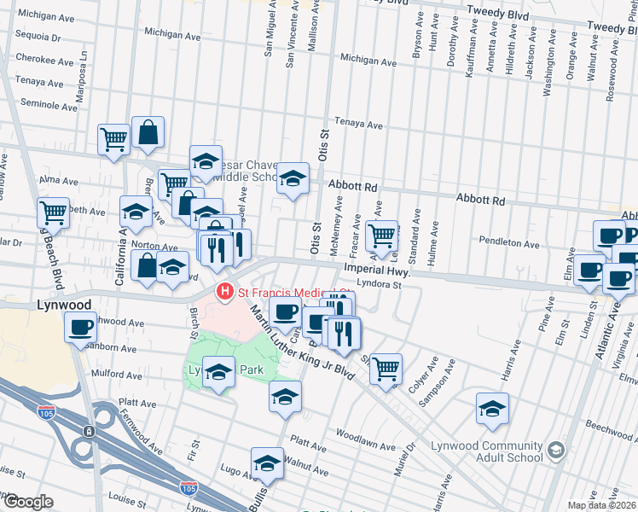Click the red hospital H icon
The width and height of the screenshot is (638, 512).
tap(225, 293)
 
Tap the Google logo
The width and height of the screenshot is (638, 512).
tap(29, 501)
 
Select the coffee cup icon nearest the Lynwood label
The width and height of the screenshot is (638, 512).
tap(82, 326)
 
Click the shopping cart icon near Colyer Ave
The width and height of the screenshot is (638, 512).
tap(386, 368)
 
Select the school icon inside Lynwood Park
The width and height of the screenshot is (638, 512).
tap(218, 371)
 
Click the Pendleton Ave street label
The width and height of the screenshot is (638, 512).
tap(508, 244)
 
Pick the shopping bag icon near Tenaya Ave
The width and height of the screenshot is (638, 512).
tap(148, 132)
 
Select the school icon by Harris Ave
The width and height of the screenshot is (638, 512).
tap(492, 409)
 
